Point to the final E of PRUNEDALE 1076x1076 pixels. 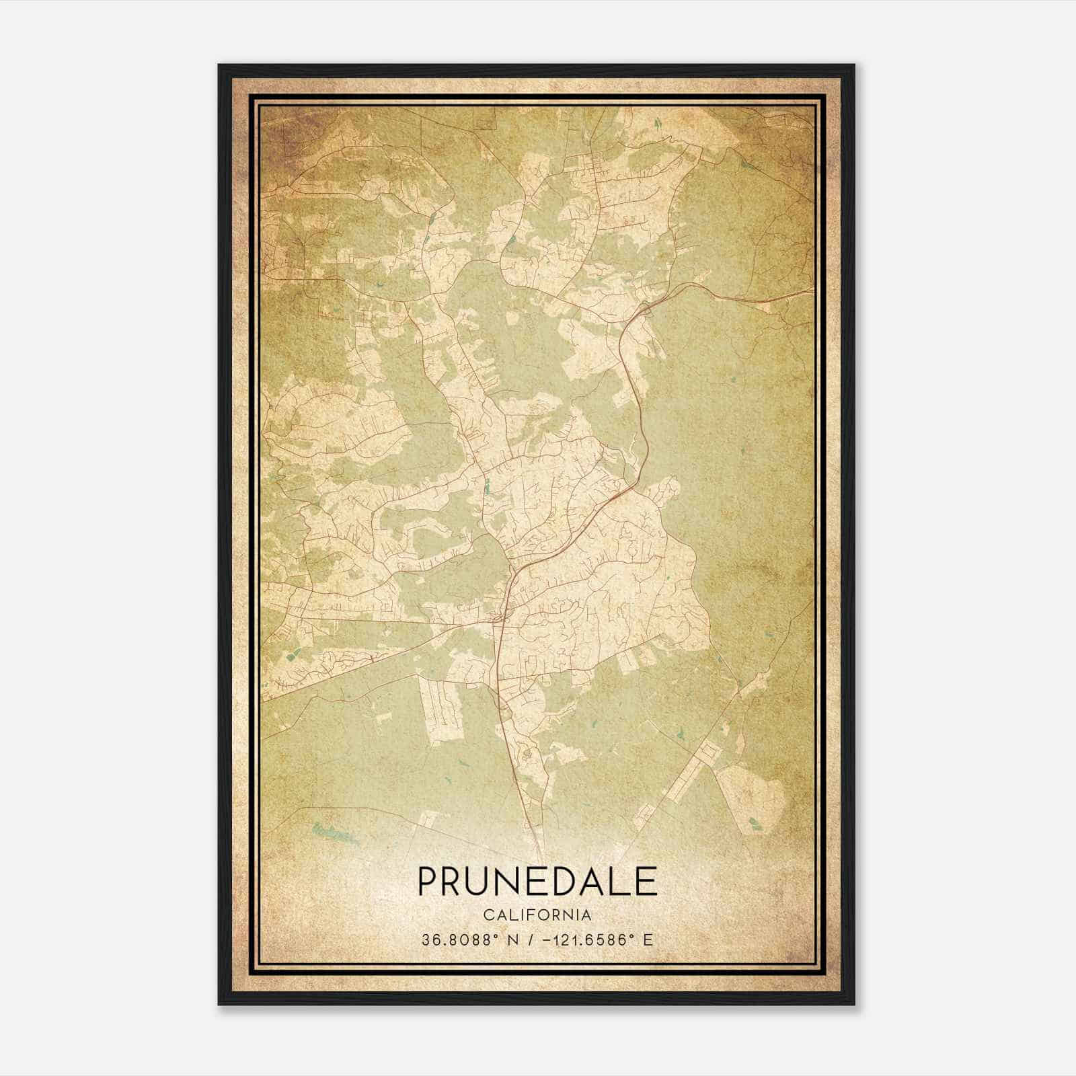[x=647, y=881]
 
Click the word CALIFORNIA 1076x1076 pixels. [x=537, y=915]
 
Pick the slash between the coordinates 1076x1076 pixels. [x=532, y=940]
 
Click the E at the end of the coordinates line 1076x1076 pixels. [x=648, y=940]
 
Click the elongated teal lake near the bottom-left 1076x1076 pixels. [x=334, y=835]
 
